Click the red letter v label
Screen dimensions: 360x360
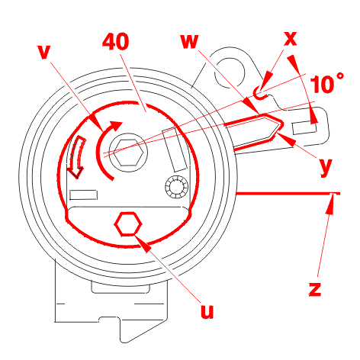click(43, 53)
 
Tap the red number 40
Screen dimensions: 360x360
click(116, 41)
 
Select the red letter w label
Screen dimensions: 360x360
click(189, 41)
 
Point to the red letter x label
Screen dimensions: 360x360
click(290, 39)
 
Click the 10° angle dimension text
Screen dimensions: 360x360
click(327, 84)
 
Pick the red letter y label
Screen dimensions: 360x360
click(325, 167)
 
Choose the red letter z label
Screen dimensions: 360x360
click(315, 289)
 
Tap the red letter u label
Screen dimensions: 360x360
click(207, 311)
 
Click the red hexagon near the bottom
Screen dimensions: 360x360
click(128, 223)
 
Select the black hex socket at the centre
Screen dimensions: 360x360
click(128, 153)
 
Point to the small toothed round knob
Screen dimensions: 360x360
click(177, 187)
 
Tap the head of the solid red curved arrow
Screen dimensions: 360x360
click(116, 125)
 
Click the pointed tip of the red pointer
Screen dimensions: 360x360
click(283, 124)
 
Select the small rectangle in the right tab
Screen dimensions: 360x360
click(305, 127)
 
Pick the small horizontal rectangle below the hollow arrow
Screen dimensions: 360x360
click(84, 195)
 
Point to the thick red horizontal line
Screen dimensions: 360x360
click(288, 194)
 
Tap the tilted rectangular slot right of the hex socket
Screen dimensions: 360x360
click(175, 149)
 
